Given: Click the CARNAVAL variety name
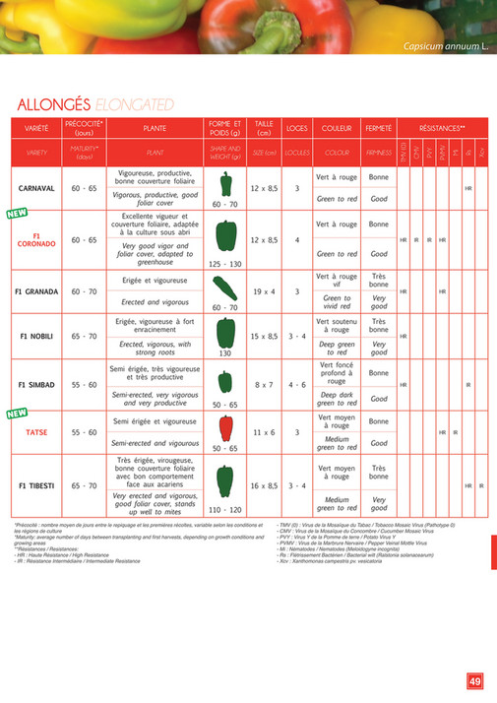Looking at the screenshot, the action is point(35,187).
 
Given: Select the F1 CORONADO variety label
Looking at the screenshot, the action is point(35,239).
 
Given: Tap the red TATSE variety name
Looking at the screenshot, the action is point(35,432).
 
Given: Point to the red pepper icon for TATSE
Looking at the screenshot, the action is point(225,426).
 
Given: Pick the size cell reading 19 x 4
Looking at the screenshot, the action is point(264,291).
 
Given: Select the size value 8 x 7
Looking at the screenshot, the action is point(264,384).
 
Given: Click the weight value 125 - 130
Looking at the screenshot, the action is point(225,264).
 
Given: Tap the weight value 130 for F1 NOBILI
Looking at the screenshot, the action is point(225,352).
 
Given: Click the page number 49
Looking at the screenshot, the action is point(474,679).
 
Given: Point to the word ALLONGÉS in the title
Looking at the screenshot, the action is point(55,104).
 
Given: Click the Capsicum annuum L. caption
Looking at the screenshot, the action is point(447,47).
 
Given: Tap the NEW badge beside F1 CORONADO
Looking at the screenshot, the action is point(16,213).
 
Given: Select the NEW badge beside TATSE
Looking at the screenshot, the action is point(16,413).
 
